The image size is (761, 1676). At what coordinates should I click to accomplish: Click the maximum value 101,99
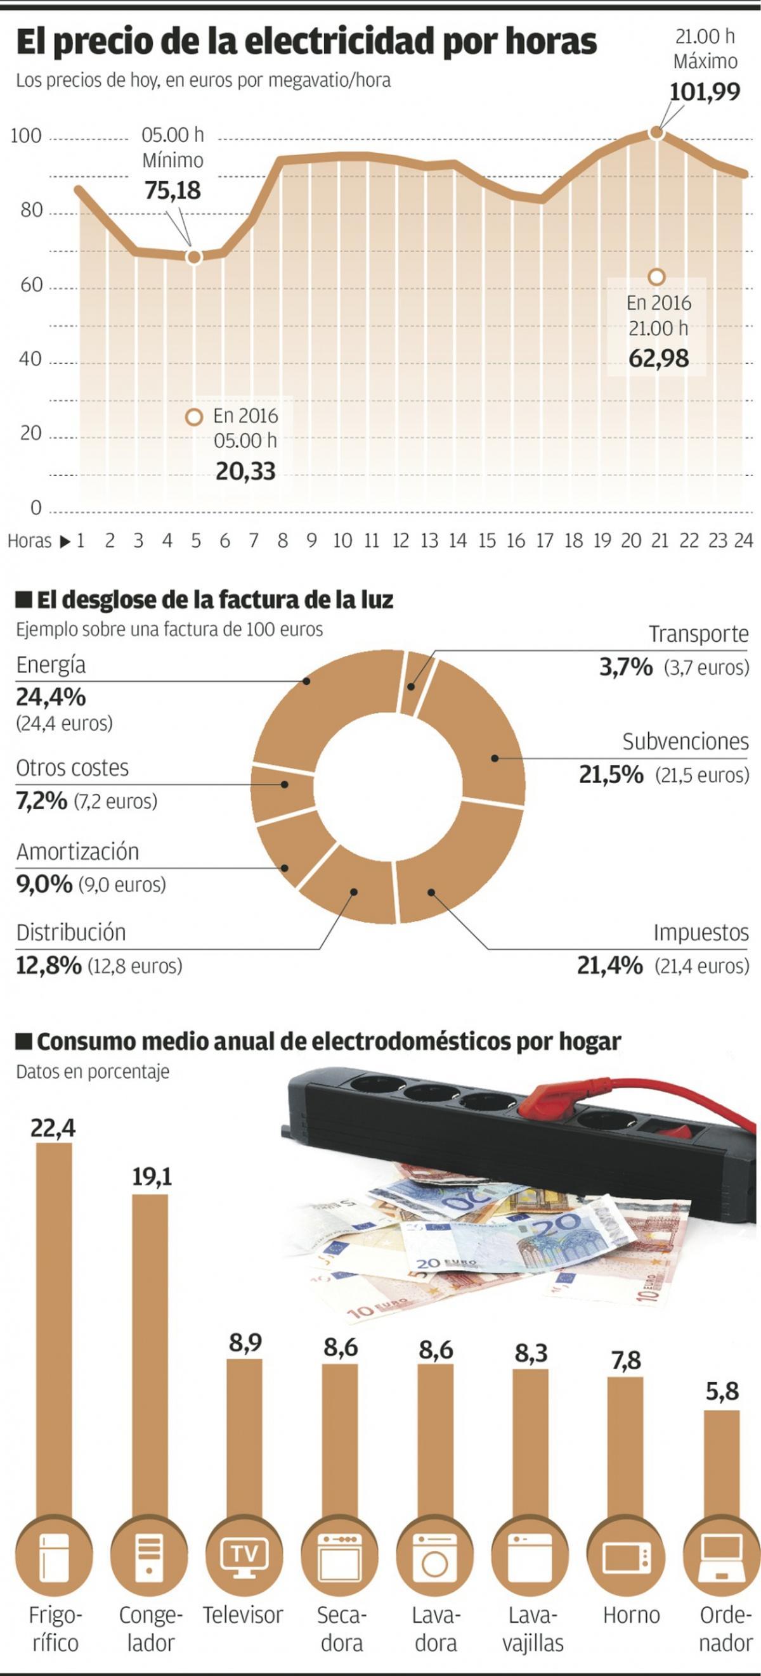[705, 92]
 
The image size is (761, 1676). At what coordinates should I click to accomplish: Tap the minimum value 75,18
[172, 191]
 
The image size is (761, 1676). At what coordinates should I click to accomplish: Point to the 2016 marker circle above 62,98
[657, 277]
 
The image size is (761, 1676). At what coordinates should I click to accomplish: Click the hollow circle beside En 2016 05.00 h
[194, 417]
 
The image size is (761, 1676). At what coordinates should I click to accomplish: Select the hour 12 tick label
[400, 541]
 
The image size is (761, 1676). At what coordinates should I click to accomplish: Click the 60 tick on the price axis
[30, 285]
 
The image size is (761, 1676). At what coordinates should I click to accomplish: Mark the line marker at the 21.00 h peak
[657, 132]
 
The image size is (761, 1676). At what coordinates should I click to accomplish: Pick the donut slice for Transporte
[413, 683]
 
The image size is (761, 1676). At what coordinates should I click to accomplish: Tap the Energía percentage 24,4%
[51, 698]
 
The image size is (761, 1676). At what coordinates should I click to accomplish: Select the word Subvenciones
[685, 742]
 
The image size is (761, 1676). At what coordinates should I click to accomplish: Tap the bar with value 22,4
[55, 1334]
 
